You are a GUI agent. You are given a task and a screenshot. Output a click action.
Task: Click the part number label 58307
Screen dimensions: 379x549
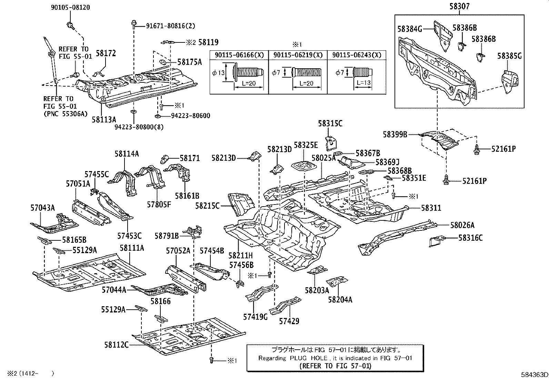pos(459,7)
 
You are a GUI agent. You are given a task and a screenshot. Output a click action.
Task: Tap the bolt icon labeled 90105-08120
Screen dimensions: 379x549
pos(70,24)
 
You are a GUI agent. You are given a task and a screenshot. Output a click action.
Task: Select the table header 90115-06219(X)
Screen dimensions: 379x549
pos(298,55)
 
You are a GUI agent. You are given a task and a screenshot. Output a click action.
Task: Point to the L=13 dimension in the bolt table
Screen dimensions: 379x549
pos(362,83)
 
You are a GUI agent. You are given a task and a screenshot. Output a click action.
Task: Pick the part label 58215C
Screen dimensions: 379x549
pos(207,206)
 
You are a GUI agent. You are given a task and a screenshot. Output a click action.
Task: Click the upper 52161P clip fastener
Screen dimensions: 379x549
pos(477,149)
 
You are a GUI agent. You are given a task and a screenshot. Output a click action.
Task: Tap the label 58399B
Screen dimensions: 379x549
pos(395,134)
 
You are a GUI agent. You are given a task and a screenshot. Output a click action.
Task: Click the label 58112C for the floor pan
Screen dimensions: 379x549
pos(116,345)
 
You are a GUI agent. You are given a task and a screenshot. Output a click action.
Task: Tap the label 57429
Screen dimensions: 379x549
pos(289,321)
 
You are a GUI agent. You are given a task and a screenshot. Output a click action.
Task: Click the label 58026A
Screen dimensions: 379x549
pos(462,225)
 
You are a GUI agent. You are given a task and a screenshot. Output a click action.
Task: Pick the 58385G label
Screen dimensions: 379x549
pos(509,56)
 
